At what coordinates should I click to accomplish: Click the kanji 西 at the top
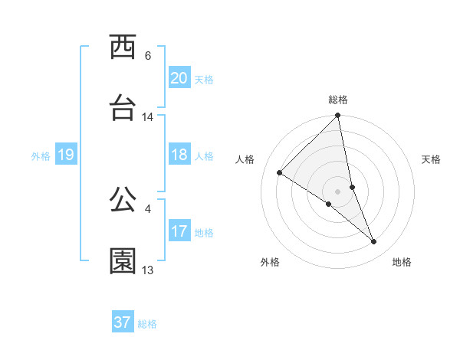[x=123, y=48]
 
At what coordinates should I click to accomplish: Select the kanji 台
[x=123, y=109]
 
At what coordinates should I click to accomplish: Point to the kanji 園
[x=123, y=261]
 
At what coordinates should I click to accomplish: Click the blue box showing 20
[x=179, y=78]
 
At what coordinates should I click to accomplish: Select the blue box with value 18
[x=179, y=155]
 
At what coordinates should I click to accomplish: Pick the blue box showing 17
[x=179, y=231]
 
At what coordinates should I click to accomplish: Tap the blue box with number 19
[x=66, y=155]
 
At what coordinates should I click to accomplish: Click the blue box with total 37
[x=123, y=322]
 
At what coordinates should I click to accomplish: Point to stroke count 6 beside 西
[x=148, y=56]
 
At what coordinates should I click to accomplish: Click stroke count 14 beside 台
[x=148, y=117]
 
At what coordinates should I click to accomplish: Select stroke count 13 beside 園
[x=148, y=270]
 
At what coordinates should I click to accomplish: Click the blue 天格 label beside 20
[x=204, y=80]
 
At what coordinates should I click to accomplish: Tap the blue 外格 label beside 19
[x=41, y=156]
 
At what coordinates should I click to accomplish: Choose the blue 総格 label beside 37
[x=147, y=324]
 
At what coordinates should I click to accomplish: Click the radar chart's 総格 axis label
[x=338, y=100]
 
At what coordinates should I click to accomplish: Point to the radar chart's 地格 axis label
[x=402, y=262]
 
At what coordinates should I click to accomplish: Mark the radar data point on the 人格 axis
[x=280, y=173]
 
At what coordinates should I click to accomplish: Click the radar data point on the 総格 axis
[x=338, y=116]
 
